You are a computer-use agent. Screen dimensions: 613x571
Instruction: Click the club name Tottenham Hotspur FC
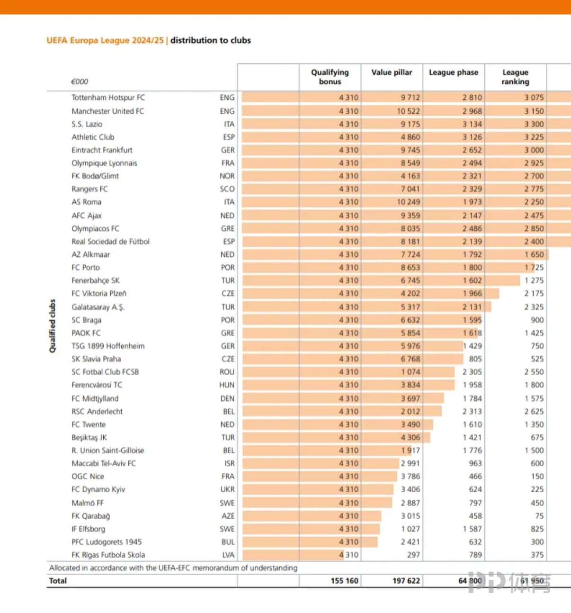(x=108, y=98)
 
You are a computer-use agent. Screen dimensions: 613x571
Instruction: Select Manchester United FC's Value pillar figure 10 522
(x=408, y=111)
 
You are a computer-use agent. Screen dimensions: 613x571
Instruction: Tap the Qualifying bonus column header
(x=330, y=77)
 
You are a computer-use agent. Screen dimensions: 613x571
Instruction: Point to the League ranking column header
(x=515, y=77)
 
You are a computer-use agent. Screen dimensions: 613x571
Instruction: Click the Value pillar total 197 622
(x=406, y=581)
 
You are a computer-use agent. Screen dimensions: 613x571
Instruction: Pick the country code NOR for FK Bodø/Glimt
(x=227, y=176)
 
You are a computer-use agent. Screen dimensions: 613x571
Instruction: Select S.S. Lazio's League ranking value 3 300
(x=534, y=124)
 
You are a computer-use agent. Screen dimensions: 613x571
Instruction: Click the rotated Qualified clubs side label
(x=53, y=326)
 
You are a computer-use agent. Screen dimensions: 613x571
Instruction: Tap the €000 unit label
(x=80, y=81)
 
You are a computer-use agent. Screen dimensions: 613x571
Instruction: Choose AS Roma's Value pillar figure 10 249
(x=408, y=202)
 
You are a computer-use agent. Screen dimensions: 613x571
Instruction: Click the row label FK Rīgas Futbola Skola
(x=108, y=555)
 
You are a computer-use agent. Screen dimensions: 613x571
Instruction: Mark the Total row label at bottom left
(x=58, y=581)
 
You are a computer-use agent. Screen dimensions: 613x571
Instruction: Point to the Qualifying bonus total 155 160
(x=344, y=581)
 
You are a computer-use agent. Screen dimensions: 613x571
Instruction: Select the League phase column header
(x=454, y=72)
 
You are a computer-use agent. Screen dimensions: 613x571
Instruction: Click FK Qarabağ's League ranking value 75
(x=539, y=516)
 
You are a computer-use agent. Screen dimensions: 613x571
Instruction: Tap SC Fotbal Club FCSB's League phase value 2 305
(x=472, y=372)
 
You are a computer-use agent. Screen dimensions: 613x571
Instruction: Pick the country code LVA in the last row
(x=228, y=555)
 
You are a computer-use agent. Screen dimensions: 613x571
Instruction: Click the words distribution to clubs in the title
(x=211, y=40)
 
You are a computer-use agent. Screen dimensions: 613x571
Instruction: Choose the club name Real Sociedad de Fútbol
(x=110, y=242)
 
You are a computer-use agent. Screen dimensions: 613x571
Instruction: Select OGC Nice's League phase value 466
(x=475, y=477)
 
